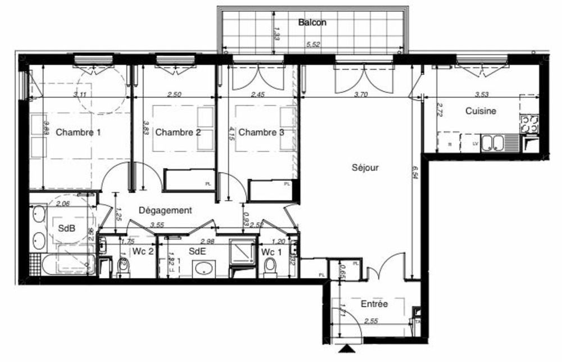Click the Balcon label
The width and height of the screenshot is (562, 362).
click(x=312, y=22)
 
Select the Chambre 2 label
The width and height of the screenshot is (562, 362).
click(x=178, y=133)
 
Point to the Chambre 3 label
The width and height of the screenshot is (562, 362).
click(x=261, y=133)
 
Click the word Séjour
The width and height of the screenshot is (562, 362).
click(x=365, y=168)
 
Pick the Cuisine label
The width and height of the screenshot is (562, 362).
click(x=481, y=111)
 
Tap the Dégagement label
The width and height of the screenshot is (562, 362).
click(x=165, y=210)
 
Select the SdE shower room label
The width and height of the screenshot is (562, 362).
click(x=196, y=252)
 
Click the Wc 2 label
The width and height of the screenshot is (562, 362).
click(x=143, y=251)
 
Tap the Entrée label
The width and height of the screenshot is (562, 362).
click(x=374, y=304)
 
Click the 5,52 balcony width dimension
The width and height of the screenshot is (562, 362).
click(x=312, y=44)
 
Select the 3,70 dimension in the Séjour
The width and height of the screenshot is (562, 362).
click(x=361, y=95)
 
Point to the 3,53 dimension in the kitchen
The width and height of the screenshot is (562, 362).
click(x=481, y=95)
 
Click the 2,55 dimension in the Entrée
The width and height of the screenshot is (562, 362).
click(x=371, y=322)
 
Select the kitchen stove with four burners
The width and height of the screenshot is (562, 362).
click(x=529, y=124)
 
